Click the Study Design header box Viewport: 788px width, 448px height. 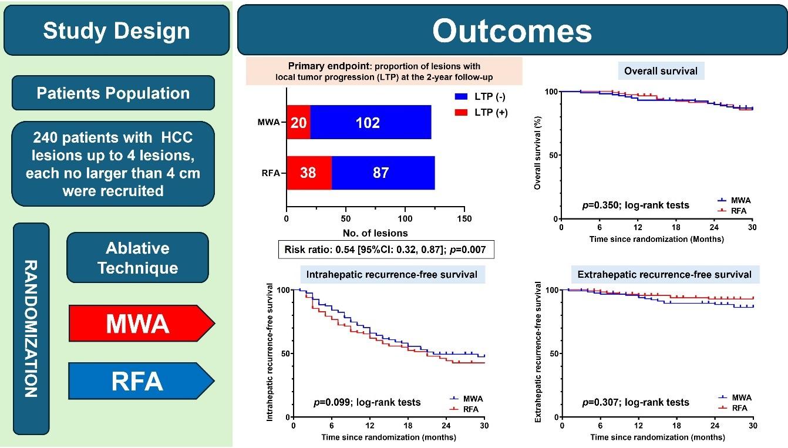pyautogui.click(x=116, y=31)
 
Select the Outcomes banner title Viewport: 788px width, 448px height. pyautogui.click(x=511, y=31)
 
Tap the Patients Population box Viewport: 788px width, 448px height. pyautogui.click(x=113, y=93)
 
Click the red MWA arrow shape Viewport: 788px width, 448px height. pyautogui.click(x=137, y=322)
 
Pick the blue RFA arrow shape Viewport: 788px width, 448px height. pyautogui.click(x=137, y=381)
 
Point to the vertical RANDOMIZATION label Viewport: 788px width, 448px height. pyautogui.click(x=31, y=329)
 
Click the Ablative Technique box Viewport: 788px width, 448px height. pyautogui.click(x=137, y=257)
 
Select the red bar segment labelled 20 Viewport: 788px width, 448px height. pyautogui.click(x=298, y=123)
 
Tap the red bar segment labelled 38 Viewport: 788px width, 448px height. pyautogui.click(x=309, y=173)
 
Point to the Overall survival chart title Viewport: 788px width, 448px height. pyautogui.click(x=661, y=71)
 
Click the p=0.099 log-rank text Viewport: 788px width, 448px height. pyautogui.click(x=366, y=402)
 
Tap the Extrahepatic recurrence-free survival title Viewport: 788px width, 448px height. pyautogui.click(x=664, y=274)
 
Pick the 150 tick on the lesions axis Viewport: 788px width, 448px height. pyautogui.click(x=464, y=218)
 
